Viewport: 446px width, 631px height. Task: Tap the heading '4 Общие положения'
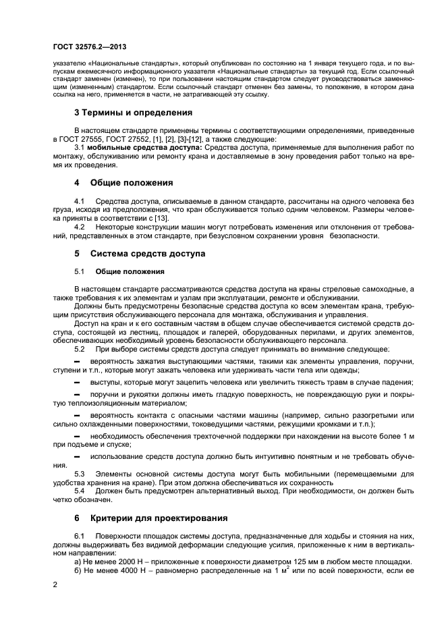pyautogui.click(x=123, y=183)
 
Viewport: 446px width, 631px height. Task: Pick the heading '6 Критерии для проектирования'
pyautogui.click(x=150, y=518)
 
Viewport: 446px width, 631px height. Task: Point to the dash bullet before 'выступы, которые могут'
pyautogui.click(x=76, y=383)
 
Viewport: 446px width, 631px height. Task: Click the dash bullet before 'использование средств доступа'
pyautogui.click(x=76, y=458)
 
